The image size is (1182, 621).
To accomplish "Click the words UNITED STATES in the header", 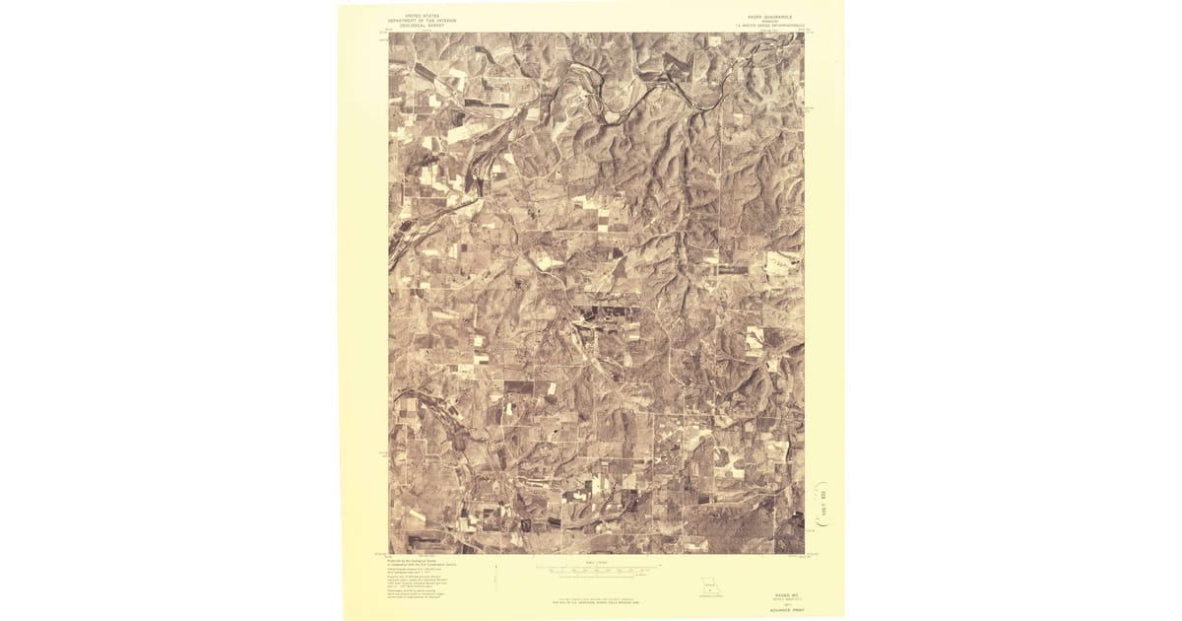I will [416, 15].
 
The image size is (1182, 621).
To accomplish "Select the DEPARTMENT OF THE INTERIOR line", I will [416, 20].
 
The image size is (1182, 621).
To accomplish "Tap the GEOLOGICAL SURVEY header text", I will [416, 25].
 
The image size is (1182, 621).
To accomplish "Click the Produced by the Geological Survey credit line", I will [414, 558].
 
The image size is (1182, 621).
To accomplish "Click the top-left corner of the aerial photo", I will [389, 34].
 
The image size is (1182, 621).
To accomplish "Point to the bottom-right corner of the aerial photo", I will [804, 553].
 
